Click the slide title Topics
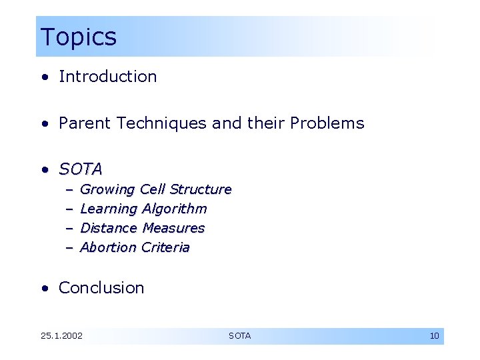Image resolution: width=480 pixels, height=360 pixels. point(78,37)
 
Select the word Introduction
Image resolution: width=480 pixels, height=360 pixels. point(108,77)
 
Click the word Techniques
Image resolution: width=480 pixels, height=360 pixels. point(159,123)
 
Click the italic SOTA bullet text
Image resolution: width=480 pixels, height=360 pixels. point(81,169)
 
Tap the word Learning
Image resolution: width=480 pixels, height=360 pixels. point(109,209)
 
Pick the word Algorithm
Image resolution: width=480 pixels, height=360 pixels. point(175,209)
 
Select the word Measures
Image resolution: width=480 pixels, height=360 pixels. point(173,228)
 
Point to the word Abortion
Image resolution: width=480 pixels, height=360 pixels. point(108,248)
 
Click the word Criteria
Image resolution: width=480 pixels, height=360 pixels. point(165,248)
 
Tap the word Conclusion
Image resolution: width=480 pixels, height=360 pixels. point(101,288)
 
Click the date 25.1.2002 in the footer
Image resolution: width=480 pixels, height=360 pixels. point(61,336)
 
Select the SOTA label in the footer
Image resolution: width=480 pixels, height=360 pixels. point(240,336)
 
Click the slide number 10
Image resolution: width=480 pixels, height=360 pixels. point(434,336)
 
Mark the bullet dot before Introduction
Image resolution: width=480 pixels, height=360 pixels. point(44,77)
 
